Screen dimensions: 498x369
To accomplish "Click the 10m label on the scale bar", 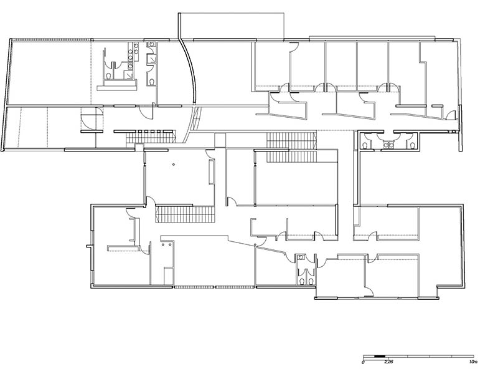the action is point(473,362).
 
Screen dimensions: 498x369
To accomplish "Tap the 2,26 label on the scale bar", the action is point(388,362).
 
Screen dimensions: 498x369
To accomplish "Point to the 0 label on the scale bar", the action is point(363,362).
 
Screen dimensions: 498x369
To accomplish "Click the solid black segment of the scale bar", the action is point(380,356).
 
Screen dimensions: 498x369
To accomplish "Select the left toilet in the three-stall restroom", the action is point(366,145).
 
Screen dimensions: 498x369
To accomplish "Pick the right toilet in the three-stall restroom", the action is point(412,145).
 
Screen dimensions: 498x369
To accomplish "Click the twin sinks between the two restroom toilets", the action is point(389,145).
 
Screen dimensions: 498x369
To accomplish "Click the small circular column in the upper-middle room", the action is point(174,164).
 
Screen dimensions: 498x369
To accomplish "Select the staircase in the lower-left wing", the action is point(185,214).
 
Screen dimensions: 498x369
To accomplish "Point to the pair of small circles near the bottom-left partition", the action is point(167,244).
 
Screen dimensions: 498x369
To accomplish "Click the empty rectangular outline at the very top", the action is point(231,26).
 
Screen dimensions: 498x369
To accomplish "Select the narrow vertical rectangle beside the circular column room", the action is point(211,172).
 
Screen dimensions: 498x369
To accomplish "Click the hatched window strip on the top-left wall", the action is point(52,40).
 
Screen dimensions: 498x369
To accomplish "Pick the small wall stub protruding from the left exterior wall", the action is point(89,246).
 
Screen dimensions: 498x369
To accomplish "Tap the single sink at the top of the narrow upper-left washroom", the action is point(152,44).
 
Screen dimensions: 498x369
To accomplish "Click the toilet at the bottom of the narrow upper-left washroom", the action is point(151,82).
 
